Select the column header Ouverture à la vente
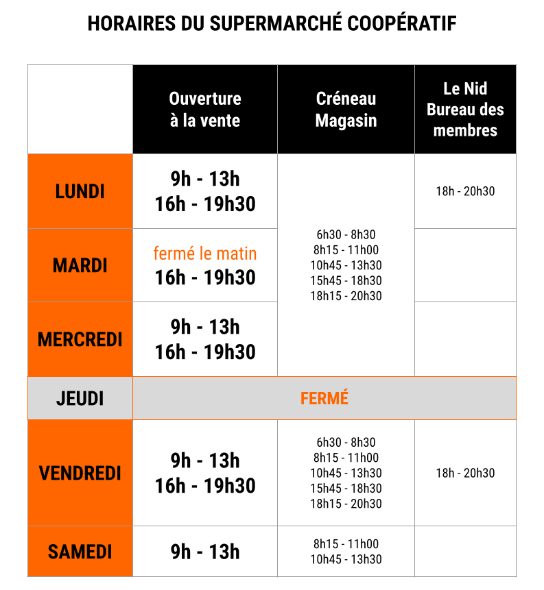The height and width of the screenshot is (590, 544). tap(205, 110)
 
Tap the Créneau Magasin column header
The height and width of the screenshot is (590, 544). tap(346, 110)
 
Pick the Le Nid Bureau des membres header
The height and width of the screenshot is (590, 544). tap(465, 110)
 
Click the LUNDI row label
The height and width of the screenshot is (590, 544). tap(80, 191)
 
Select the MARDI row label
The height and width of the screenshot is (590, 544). tap(80, 265)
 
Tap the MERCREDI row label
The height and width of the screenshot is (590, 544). tap(80, 339)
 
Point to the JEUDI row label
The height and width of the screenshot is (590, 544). tap(80, 398)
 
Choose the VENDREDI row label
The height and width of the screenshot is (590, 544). tap(80, 473)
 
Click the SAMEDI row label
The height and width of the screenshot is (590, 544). tap(80, 552)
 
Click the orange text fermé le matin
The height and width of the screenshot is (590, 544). tap(205, 254)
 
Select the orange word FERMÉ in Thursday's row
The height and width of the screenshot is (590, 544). tap(324, 398)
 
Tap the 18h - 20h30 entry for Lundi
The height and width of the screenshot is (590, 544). tap(465, 191)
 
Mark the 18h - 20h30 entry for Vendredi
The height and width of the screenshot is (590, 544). tap(465, 473)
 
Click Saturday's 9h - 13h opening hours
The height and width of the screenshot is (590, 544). tap(205, 552)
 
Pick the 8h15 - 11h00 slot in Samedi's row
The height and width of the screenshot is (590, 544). tap(346, 544)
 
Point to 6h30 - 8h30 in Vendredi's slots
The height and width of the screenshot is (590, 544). tap(346, 442)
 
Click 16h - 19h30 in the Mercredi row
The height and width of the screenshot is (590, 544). tap(205, 352)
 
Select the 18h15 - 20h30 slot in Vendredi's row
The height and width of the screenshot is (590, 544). tap(346, 504)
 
